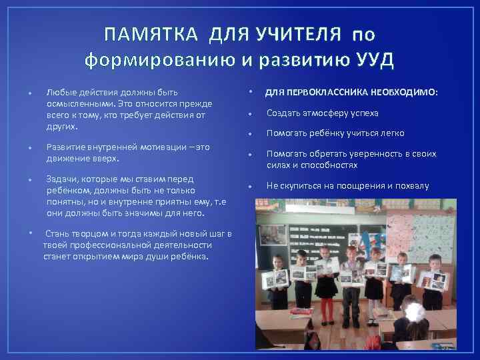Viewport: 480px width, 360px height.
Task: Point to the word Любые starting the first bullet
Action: (x=59, y=91)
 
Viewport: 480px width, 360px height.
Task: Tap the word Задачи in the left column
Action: (x=61, y=179)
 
